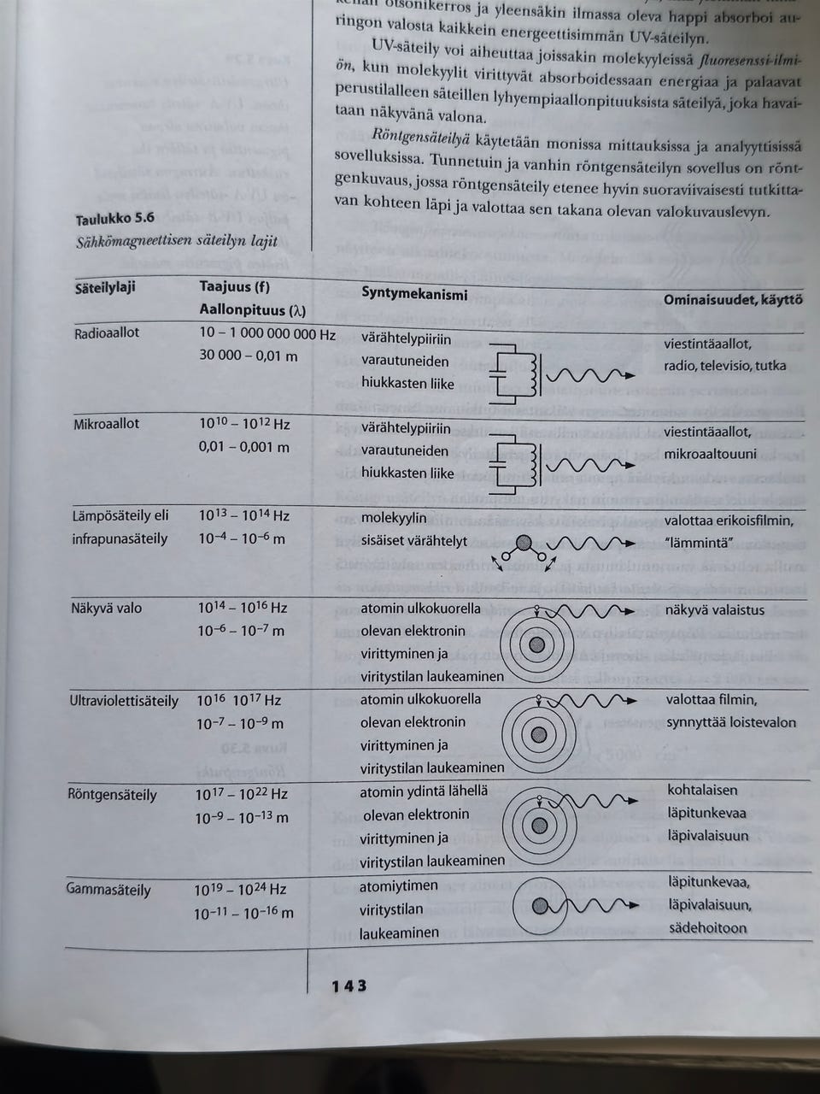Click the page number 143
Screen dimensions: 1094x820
point(348,985)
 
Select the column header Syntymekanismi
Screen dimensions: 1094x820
point(414,293)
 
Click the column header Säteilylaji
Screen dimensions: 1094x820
point(105,287)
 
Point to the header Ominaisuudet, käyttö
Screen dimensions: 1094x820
point(732,299)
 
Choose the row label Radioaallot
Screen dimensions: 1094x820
point(107,332)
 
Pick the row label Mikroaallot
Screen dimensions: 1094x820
point(106,423)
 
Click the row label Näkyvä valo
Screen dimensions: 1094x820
point(107,609)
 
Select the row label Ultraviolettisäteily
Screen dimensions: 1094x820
point(125,701)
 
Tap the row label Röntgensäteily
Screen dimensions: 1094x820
point(112,795)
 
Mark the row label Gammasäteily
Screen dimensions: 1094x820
point(108,890)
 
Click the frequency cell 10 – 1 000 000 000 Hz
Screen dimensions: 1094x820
point(267,334)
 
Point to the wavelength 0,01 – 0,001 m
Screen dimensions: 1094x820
point(244,447)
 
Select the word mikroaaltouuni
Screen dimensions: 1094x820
point(711,454)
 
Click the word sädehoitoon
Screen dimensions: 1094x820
point(707,928)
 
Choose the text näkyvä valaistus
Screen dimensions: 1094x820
point(715,610)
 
